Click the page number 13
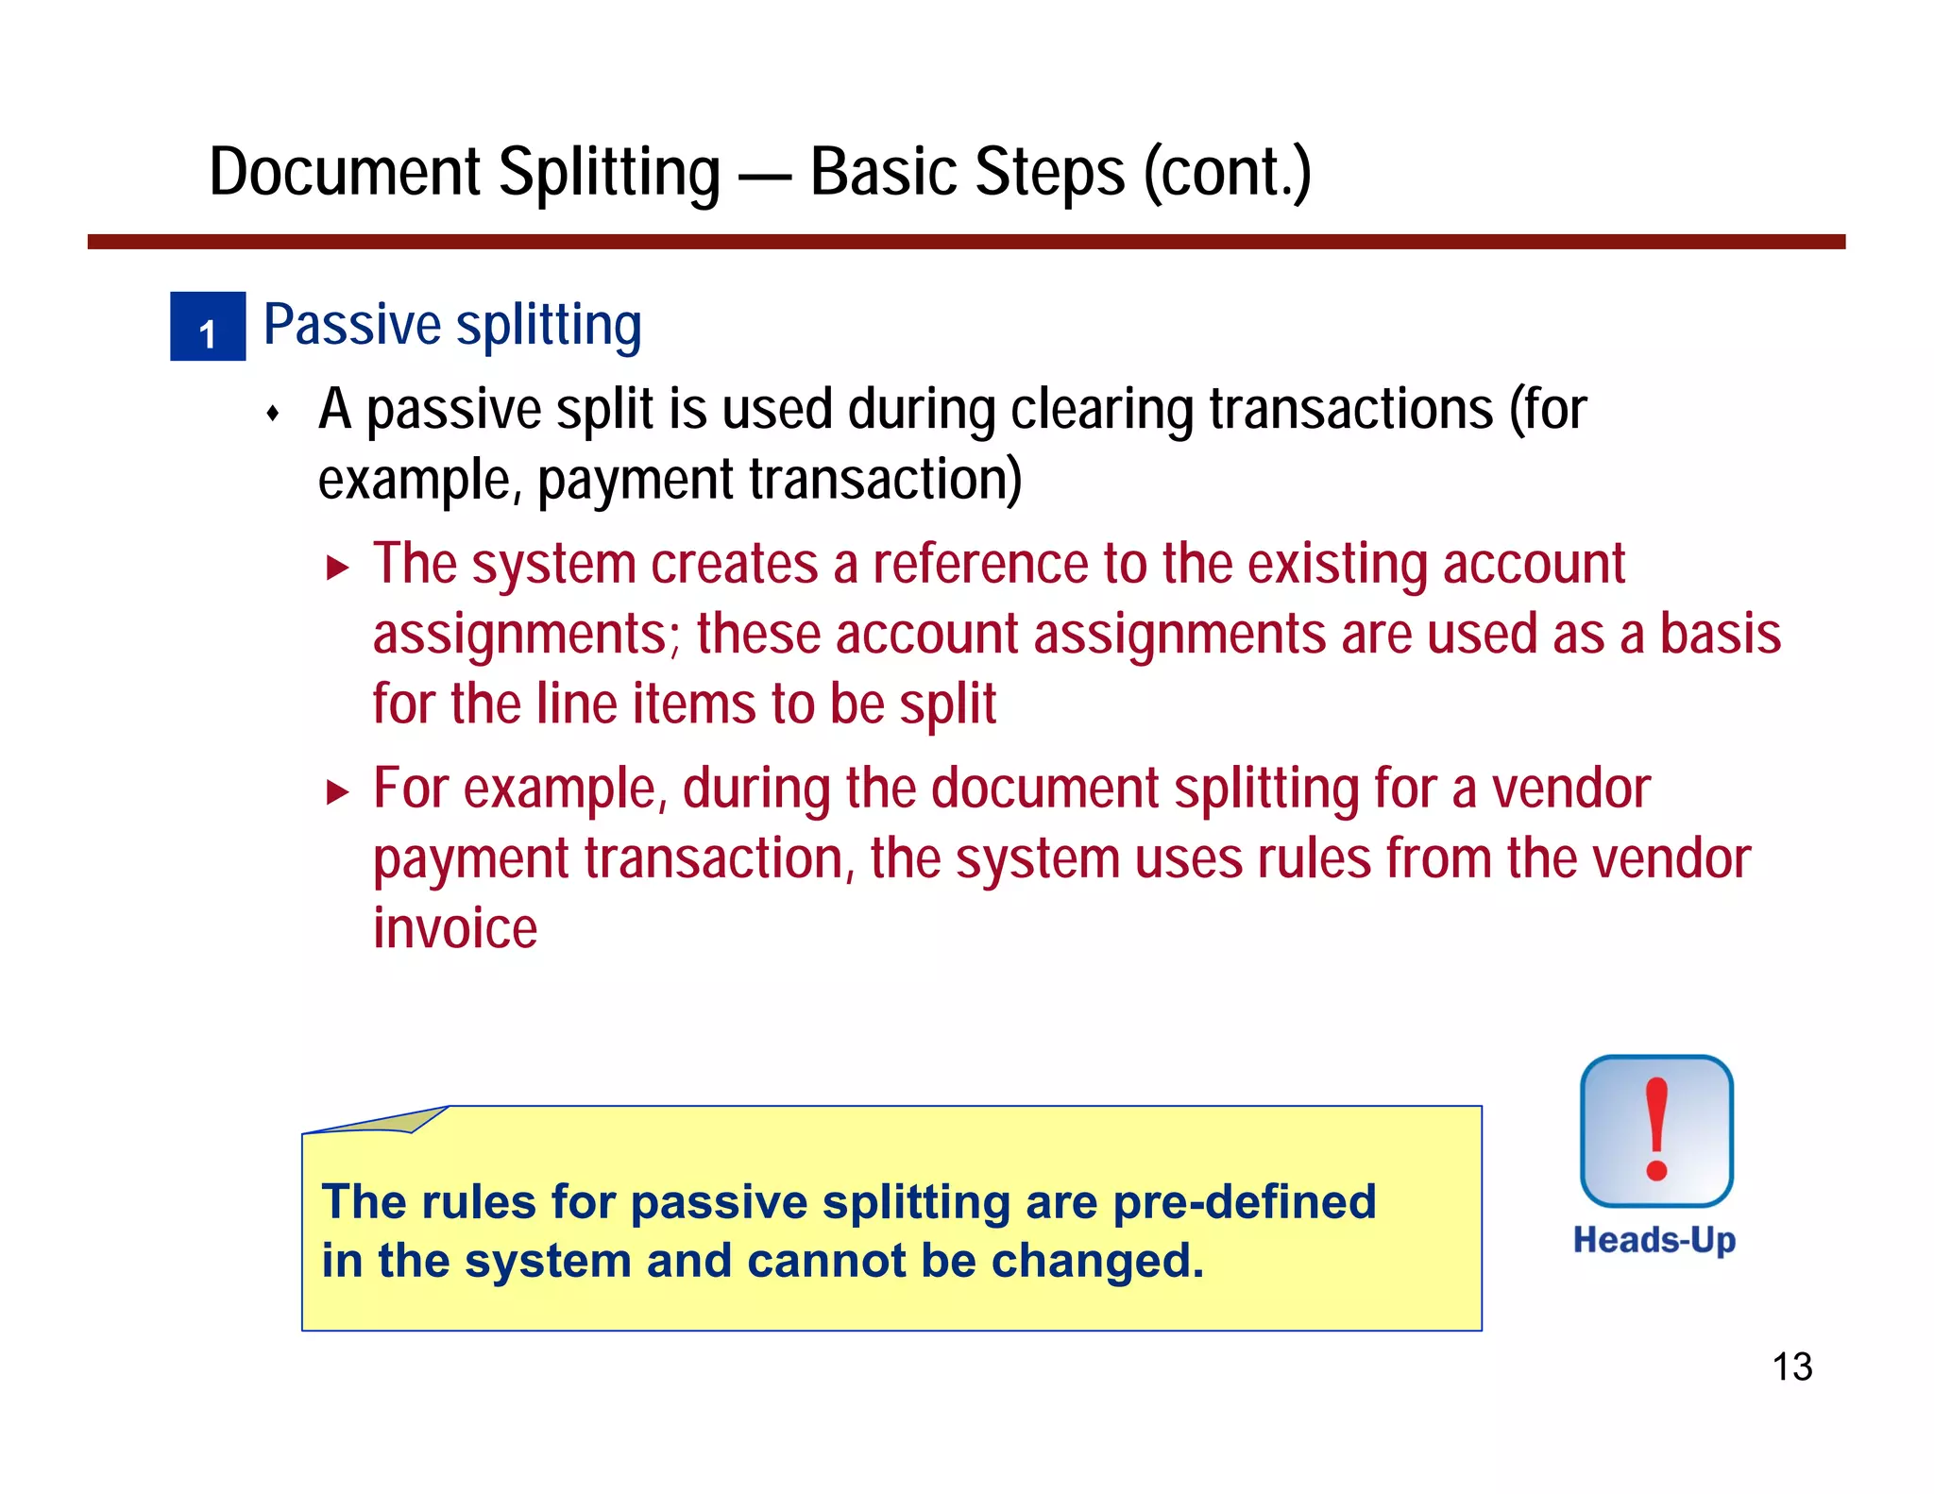click(1791, 1367)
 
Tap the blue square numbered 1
click(208, 327)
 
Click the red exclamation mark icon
click(1656, 1130)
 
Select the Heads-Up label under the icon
click(1654, 1240)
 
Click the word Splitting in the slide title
click(609, 173)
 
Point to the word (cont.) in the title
click(1227, 173)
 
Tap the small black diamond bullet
click(273, 413)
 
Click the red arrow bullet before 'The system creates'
click(337, 568)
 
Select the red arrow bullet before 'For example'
click(337, 791)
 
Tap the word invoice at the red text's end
click(455, 927)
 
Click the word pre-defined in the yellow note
click(1244, 1202)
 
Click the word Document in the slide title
click(345, 173)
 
